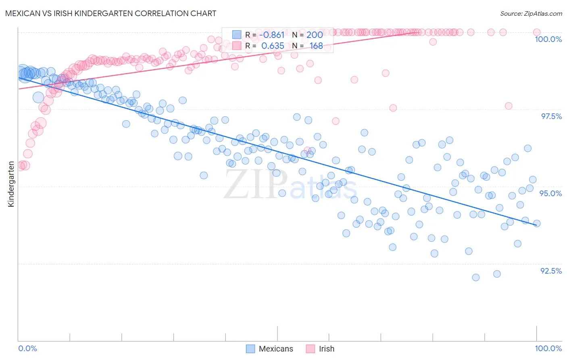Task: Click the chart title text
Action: point(110,13)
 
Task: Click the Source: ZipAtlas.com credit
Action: point(531,13)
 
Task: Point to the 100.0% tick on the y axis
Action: point(548,39)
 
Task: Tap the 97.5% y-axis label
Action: point(551,116)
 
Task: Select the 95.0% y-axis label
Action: point(551,193)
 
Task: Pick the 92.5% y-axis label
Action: point(551,271)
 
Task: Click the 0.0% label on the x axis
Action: point(27,348)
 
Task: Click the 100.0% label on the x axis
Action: point(548,348)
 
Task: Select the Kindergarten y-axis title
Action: point(11,184)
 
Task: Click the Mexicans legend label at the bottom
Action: point(276,349)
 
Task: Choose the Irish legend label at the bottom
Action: point(326,349)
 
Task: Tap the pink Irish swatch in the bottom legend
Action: point(310,349)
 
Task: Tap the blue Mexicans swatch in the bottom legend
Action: point(250,349)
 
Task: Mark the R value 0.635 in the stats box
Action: point(273,46)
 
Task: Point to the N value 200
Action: point(315,35)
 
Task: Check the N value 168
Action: point(316,46)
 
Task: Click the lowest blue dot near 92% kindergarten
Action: point(476,277)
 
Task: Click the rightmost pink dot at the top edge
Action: point(537,32)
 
